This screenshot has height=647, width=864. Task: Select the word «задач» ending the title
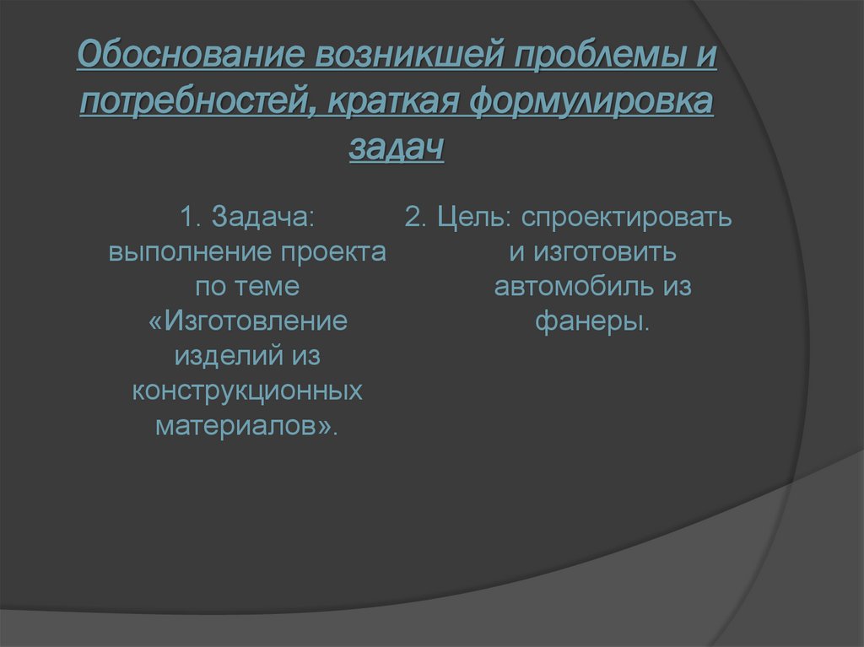(x=396, y=150)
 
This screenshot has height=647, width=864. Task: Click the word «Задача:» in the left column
(x=263, y=218)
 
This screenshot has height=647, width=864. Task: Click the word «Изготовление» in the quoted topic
(x=254, y=321)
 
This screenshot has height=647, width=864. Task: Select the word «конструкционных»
(x=247, y=391)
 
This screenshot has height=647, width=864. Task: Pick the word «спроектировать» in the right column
(x=626, y=218)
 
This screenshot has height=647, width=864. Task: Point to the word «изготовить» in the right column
(x=606, y=252)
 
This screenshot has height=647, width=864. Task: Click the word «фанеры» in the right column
(x=590, y=321)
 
